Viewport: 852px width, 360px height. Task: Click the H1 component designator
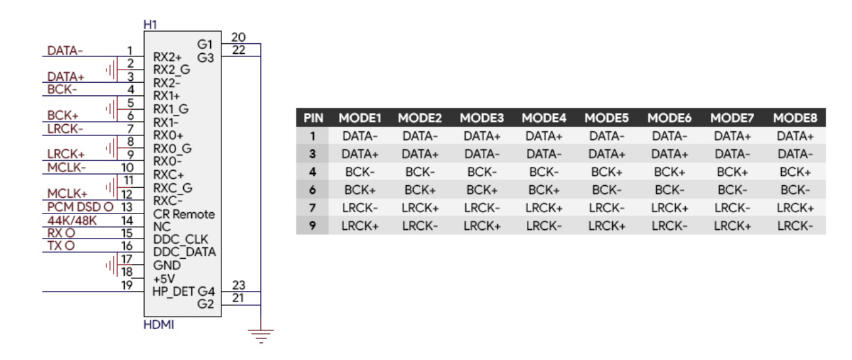150,25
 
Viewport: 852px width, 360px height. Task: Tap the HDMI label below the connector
158,325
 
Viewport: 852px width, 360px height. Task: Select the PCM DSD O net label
80,207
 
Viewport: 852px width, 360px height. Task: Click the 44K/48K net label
72,220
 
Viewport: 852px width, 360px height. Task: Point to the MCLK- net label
66,168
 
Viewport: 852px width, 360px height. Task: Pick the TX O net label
61,246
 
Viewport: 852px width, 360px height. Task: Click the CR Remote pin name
184,214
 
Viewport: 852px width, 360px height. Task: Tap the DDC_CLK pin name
181,239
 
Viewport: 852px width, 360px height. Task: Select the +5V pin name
164,278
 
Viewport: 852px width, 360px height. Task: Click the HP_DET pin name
173,292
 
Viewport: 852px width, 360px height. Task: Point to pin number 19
127,285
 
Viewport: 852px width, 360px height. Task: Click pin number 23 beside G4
239,285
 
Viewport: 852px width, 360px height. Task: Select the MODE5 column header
607,118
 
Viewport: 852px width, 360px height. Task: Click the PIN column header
313,118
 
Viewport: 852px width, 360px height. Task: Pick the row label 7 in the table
313,208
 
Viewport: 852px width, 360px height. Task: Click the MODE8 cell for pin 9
795,226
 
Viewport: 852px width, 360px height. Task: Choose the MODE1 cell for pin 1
360,136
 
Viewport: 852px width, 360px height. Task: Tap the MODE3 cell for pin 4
482,172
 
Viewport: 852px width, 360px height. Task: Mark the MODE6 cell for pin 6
669,190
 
